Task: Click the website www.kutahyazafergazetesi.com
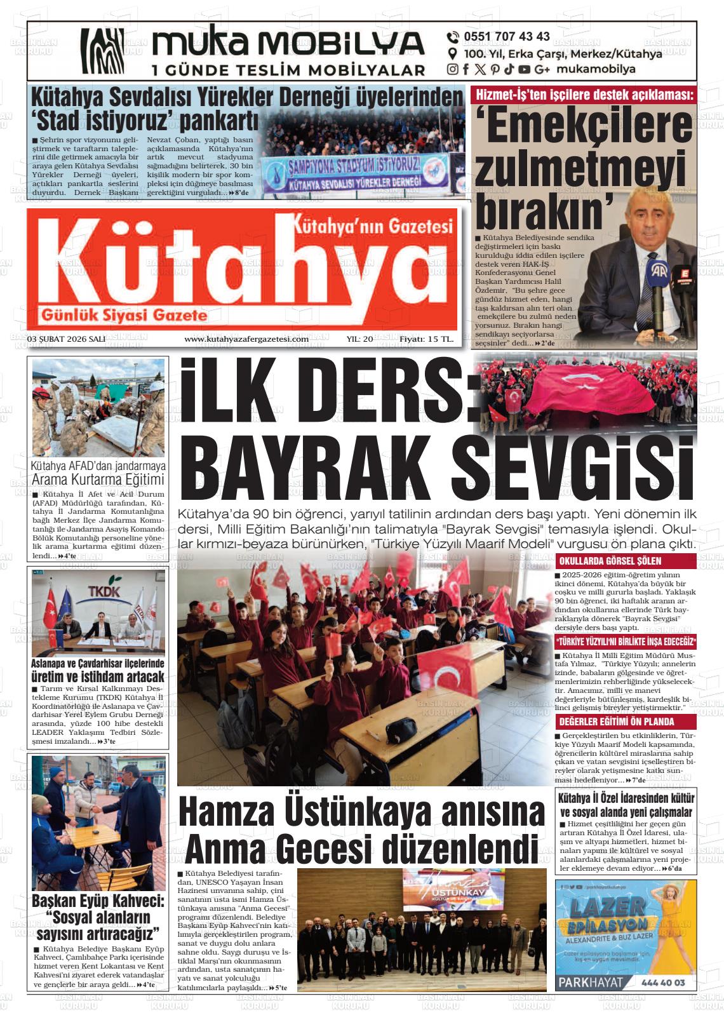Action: pos(246,339)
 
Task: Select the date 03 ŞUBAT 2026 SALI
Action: pos(66,339)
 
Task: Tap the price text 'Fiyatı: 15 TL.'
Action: pos(426,339)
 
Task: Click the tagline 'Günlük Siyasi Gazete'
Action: pos(124,316)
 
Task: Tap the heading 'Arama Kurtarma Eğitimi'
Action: pos(98,480)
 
